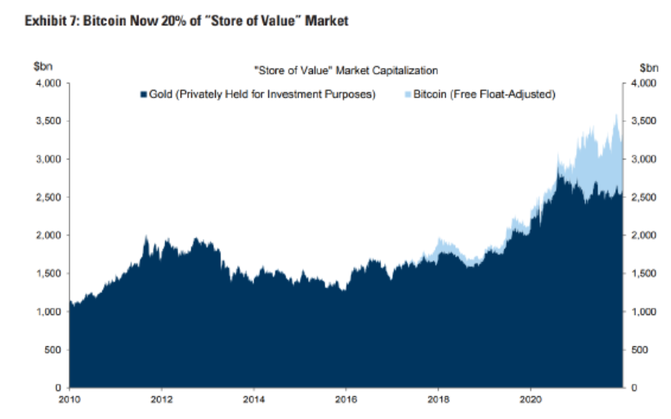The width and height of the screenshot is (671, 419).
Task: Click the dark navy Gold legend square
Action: click(143, 94)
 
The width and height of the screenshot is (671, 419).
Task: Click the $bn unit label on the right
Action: click(648, 68)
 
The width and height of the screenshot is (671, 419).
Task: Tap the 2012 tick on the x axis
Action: click(162, 401)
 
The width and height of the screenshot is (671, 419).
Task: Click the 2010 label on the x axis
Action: click(69, 401)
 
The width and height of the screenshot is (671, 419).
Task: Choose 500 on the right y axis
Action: click(641, 349)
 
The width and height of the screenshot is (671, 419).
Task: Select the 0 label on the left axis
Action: click(59, 387)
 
